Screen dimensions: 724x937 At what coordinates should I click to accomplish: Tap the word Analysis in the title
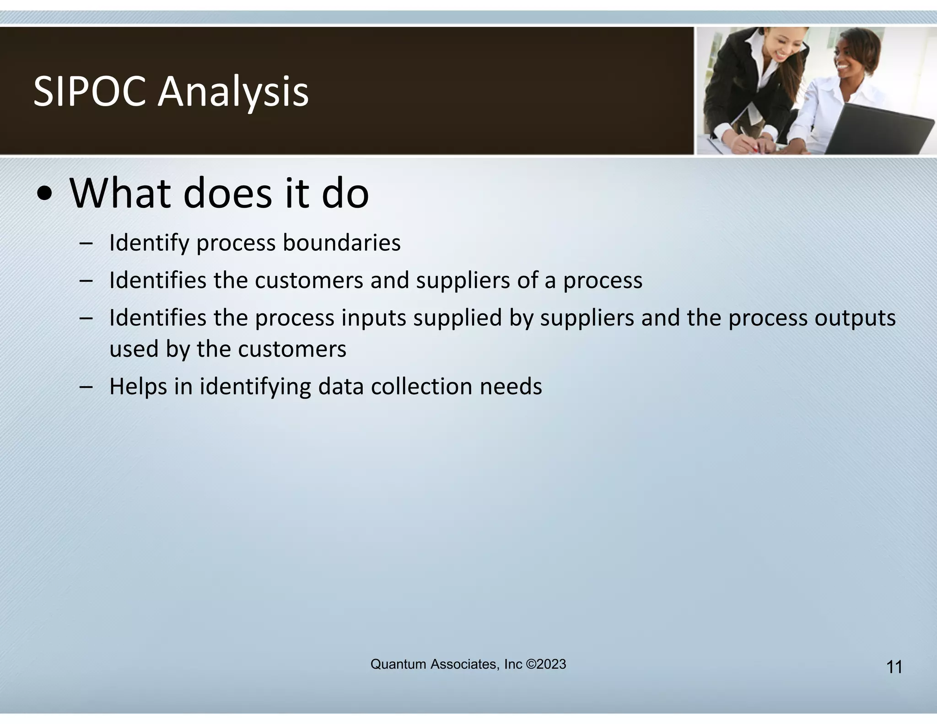tap(233, 92)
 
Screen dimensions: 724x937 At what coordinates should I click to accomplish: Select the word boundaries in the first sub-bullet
tap(341, 243)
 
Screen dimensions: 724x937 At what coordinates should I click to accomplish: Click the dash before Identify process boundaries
tap(86, 243)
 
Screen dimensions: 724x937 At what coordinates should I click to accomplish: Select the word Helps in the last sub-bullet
tap(138, 386)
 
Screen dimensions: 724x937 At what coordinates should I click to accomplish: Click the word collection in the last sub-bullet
tap(421, 386)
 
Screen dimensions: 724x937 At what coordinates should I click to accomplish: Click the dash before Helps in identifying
tap(86, 387)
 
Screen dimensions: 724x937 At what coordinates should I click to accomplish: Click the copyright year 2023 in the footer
tap(551, 664)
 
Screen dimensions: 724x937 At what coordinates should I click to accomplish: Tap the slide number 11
tap(894, 667)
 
